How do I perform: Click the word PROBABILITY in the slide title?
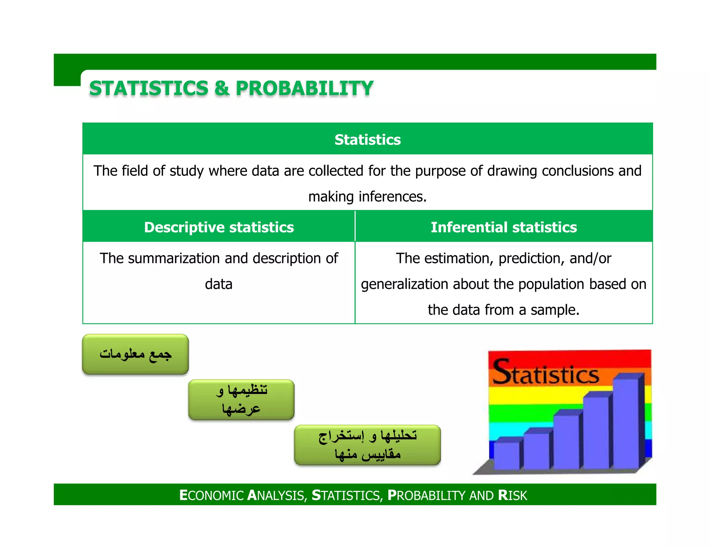[x=304, y=88]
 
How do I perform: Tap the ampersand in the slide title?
[x=222, y=88]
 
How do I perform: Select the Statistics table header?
[x=367, y=140]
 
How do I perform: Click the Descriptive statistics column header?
[x=219, y=227]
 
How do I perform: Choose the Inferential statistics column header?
[x=503, y=227]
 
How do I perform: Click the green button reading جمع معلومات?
[x=135, y=354]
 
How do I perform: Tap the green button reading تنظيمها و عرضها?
[x=241, y=399]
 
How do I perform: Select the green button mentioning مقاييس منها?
[x=367, y=445]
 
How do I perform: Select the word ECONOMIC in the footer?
[x=211, y=495]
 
